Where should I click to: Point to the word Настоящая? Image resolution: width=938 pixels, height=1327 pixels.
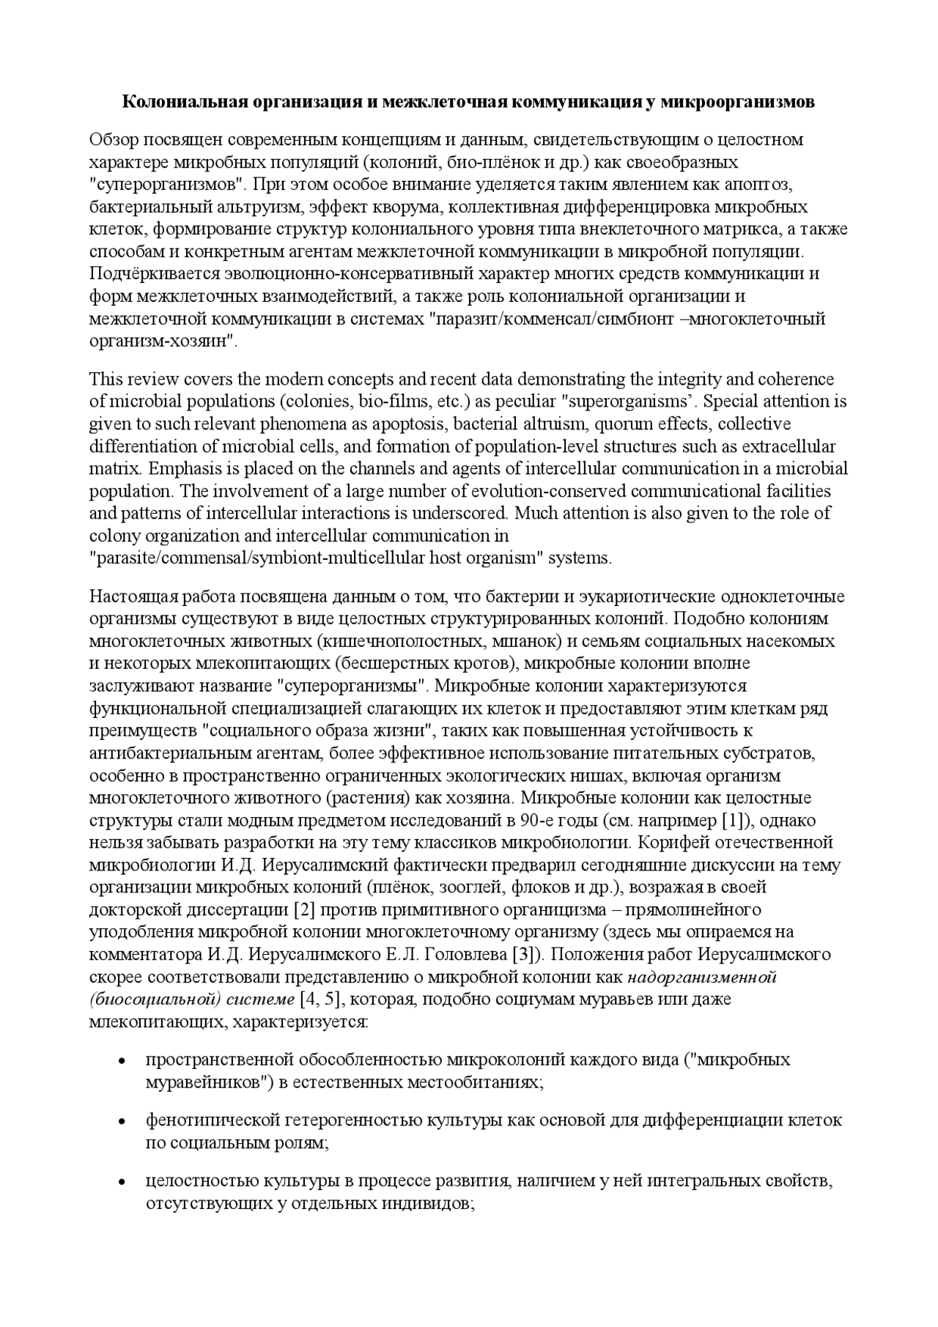(x=125, y=596)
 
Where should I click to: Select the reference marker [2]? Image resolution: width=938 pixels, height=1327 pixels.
(x=304, y=910)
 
